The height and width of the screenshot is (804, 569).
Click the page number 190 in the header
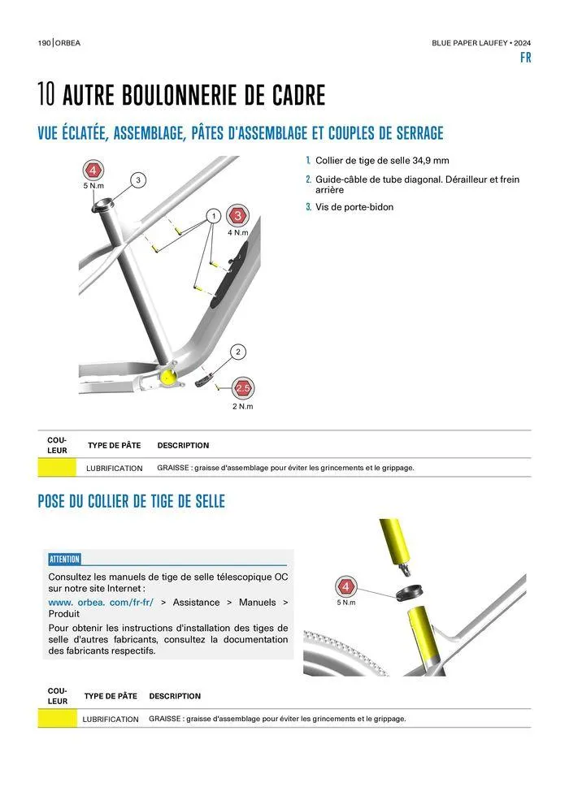[44, 42]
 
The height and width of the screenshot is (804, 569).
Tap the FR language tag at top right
[525, 58]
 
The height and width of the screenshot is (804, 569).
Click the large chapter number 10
[46, 96]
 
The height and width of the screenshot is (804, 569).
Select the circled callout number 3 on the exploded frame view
[138, 179]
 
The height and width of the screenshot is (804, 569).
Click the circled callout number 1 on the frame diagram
[212, 216]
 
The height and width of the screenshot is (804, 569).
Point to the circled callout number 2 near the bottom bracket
[238, 352]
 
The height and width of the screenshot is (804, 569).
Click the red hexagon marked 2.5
[243, 387]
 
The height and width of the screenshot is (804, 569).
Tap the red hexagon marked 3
[238, 216]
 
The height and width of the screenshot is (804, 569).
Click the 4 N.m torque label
[238, 233]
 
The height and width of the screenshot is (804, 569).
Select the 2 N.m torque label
[243, 406]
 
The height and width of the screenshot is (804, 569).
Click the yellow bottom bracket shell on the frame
[169, 375]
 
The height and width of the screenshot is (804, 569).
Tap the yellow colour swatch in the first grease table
[57, 468]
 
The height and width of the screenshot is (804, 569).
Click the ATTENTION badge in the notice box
[64, 559]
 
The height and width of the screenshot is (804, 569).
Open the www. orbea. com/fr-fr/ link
[102, 603]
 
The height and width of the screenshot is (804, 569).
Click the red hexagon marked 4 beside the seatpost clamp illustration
[345, 586]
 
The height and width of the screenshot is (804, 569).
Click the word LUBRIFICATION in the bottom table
[111, 719]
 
